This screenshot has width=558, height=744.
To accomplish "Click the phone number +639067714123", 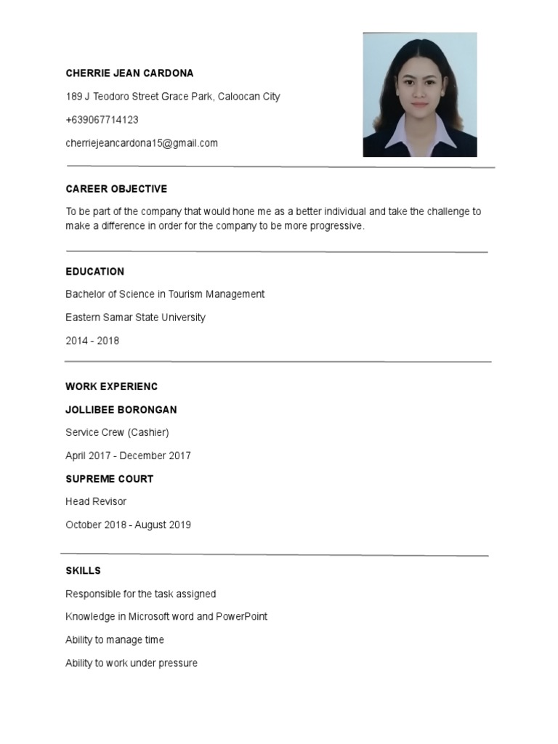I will (102, 120).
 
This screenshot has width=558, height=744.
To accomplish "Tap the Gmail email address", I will (142, 143).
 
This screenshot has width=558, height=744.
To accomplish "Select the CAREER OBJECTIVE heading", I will (116, 189).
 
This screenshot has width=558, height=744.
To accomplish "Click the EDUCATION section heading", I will (94, 272).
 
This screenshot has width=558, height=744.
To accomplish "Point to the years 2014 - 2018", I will (92, 341).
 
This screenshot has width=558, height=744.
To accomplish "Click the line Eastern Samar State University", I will (135, 318).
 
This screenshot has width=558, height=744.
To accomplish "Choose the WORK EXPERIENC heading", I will (111, 387).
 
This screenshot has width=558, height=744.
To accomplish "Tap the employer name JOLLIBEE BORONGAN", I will (121, 410).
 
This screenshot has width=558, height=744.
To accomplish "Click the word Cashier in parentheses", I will (148, 433).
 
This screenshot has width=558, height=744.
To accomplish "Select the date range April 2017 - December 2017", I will (128, 456).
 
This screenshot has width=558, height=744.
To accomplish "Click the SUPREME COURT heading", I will (109, 480).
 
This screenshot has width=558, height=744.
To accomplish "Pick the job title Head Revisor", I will (96, 502).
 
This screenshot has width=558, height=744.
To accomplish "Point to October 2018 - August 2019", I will (128, 525).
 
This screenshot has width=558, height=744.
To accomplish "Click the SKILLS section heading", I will (83, 571).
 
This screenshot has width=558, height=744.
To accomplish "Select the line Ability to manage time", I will (115, 640).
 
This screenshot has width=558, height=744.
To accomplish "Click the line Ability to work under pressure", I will (132, 663).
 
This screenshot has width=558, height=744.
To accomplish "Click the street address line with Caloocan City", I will (173, 97).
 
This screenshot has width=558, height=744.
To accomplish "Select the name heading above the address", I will (129, 73).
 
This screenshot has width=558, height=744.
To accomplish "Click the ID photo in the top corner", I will (420, 94).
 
